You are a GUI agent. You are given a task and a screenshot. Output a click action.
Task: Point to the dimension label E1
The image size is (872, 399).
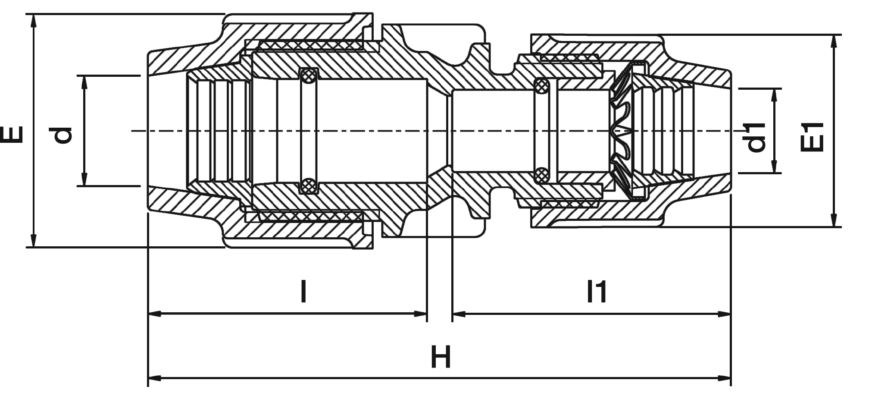coord(812,138)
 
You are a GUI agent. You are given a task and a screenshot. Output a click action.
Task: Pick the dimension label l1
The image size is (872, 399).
coord(597,292)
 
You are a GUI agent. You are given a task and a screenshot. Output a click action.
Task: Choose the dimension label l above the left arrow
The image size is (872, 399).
coord(304,292)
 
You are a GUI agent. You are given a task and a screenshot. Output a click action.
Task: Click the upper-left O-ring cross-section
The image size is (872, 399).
coord(308,76)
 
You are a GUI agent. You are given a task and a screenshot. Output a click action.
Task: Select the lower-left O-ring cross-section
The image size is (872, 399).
coord(308,186)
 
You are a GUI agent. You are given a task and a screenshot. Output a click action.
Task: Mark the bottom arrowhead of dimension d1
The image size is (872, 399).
coord(775,168)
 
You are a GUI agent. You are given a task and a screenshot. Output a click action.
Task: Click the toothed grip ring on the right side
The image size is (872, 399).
coord(622,129)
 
